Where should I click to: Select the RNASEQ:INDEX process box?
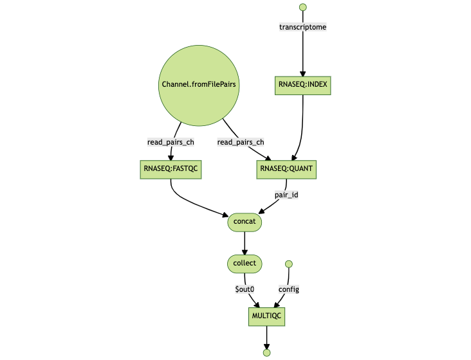tap(303, 85)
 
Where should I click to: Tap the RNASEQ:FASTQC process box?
tap(171, 169)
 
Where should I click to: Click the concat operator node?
tap(245, 222)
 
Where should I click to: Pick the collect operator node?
tap(245, 263)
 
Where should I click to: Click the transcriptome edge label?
tap(303, 27)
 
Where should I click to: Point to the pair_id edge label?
tap(286, 195)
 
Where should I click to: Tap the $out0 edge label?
tap(245, 289)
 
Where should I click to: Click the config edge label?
tap(288, 289)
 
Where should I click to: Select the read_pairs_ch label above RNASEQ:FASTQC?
tap(171, 142)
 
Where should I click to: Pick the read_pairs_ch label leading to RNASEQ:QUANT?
tap(241, 142)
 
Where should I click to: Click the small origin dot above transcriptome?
tap(303, 7)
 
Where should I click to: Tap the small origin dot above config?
tap(289, 264)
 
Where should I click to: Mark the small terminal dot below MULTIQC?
tap(266, 352)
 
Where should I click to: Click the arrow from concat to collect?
tap(245, 242)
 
